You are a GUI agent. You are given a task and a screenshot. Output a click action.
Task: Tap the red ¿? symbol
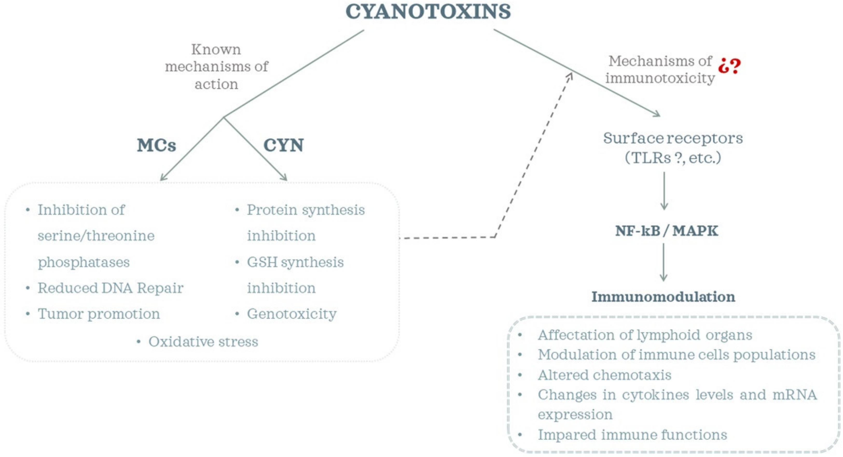point(729,66)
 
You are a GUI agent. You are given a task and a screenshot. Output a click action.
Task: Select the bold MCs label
point(156,145)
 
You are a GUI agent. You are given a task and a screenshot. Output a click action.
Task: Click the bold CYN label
point(284,145)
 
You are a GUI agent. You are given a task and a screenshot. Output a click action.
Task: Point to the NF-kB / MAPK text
point(666,231)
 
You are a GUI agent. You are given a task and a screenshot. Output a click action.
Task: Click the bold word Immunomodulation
point(663,297)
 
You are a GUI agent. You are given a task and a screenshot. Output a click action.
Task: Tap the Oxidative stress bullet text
point(203,342)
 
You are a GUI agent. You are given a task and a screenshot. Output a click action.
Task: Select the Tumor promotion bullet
point(99,314)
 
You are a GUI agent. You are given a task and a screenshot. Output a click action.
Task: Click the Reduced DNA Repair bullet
point(110,288)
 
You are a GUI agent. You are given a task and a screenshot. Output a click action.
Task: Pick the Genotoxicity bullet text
point(291,314)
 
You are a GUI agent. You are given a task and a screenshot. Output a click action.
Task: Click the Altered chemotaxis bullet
point(604,375)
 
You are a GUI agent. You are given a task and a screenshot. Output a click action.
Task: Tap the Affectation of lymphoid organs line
point(645,335)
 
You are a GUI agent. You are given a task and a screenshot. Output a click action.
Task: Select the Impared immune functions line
point(632,435)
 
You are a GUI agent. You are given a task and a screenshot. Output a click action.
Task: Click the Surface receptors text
point(673,138)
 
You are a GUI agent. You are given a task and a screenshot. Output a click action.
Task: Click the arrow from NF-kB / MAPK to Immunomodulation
point(663,262)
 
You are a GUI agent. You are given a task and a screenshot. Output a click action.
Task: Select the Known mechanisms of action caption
point(216,67)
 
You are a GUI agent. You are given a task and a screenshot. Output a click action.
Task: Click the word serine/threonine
point(96,236)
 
